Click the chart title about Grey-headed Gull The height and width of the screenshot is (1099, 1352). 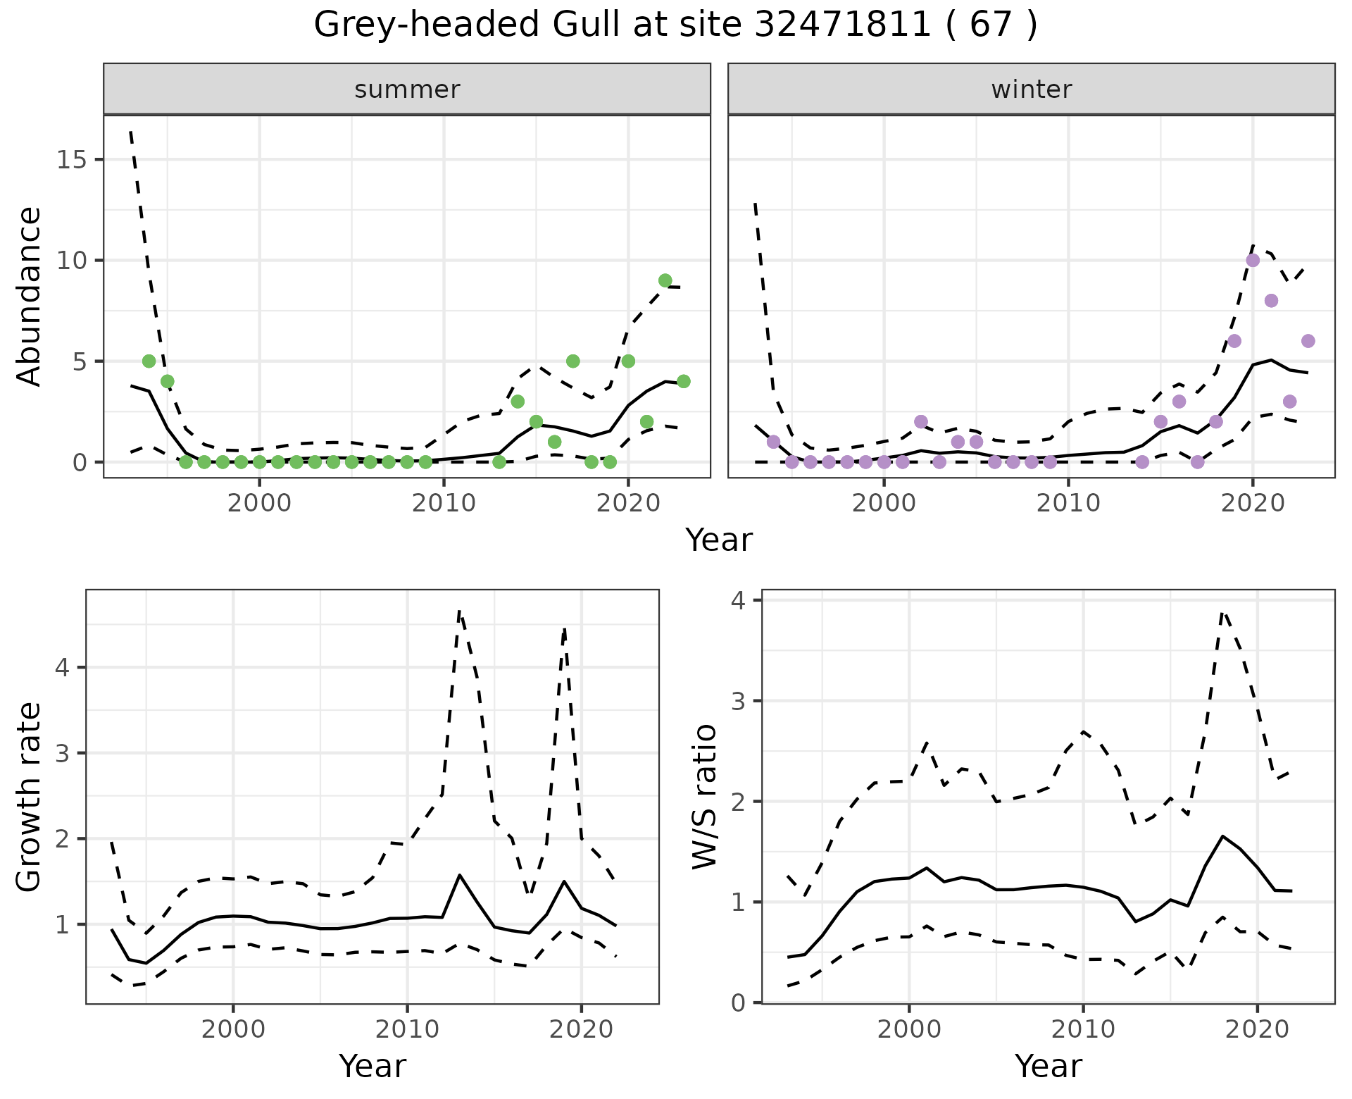pyautogui.click(x=675, y=25)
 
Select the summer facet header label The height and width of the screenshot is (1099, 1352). pyautogui.click(x=407, y=89)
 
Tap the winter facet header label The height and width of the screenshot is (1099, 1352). pyautogui.click(x=1031, y=89)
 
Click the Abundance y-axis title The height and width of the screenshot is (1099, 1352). pyautogui.click(x=30, y=296)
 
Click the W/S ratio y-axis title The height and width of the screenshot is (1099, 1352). pyautogui.click(x=705, y=796)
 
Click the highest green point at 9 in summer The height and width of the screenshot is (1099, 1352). pyautogui.click(x=665, y=280)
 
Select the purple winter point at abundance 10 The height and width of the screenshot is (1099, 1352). pyautogui.click(x=1253, y=261)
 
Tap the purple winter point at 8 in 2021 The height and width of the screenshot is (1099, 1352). pyautogui.click(x=1271, y=301)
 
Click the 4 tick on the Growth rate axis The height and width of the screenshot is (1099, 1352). pyautogui.click(x=62, y=668)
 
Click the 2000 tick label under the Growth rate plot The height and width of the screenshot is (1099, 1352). pyautogui.click(x=233, y=1029)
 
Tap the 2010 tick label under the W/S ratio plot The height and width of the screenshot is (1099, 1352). pyautogui.click(x=1083, y=1029)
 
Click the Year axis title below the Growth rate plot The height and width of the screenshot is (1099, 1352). pyautogui.click(x=373, y=1066)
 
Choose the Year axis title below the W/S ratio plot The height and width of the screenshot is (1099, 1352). pyautogui.click(x=1048, y=1066)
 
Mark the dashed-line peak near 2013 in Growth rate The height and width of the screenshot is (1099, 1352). pyautogui.click(x=459, y=611)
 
